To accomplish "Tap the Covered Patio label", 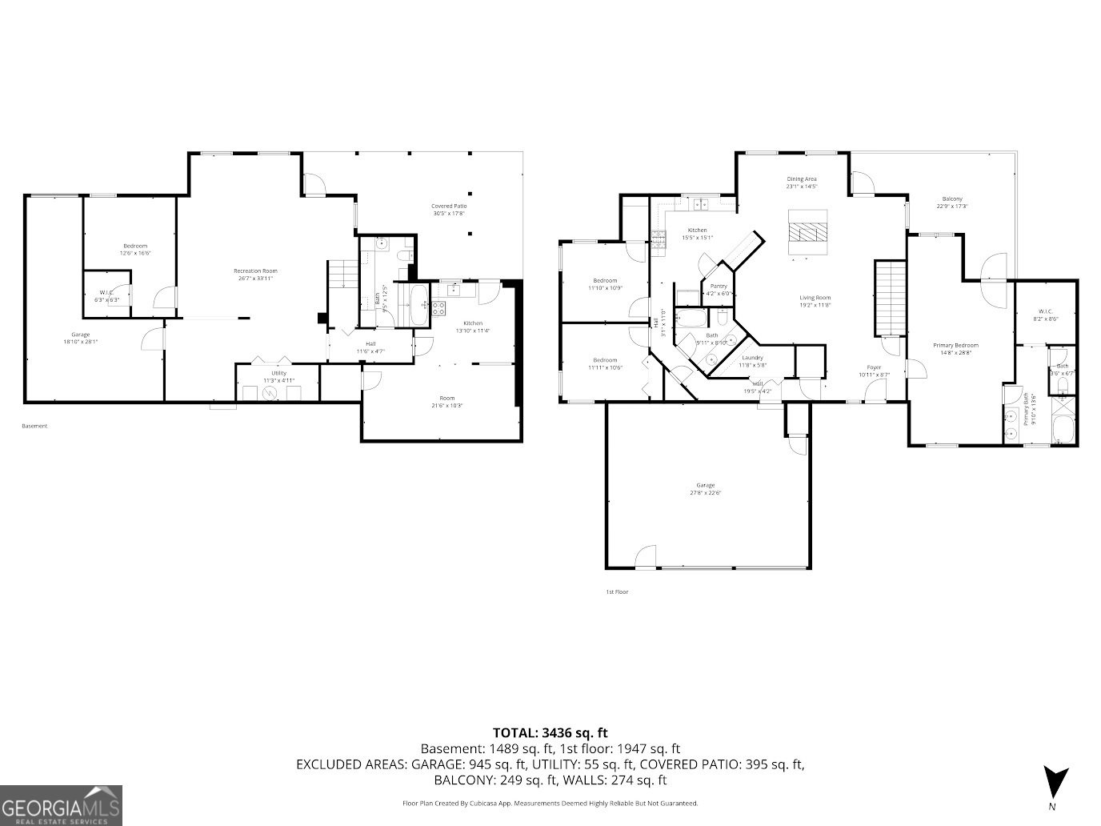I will point(449,206).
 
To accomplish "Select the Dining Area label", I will point(801,179).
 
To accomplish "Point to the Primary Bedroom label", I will point(955,346).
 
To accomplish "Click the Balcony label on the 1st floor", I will point(951,199).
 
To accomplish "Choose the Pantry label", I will point(719,286).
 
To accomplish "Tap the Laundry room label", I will point(752,358).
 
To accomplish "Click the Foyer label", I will point(874,367).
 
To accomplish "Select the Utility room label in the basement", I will point(278,373).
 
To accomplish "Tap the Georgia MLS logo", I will point(61,804).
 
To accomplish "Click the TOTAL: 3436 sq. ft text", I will point(550,732).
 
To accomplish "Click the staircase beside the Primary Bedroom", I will point(888,298).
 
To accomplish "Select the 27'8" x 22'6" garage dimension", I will point(705,493).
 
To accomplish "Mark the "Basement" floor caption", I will point(34,426).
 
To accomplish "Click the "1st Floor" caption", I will point(616,592).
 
